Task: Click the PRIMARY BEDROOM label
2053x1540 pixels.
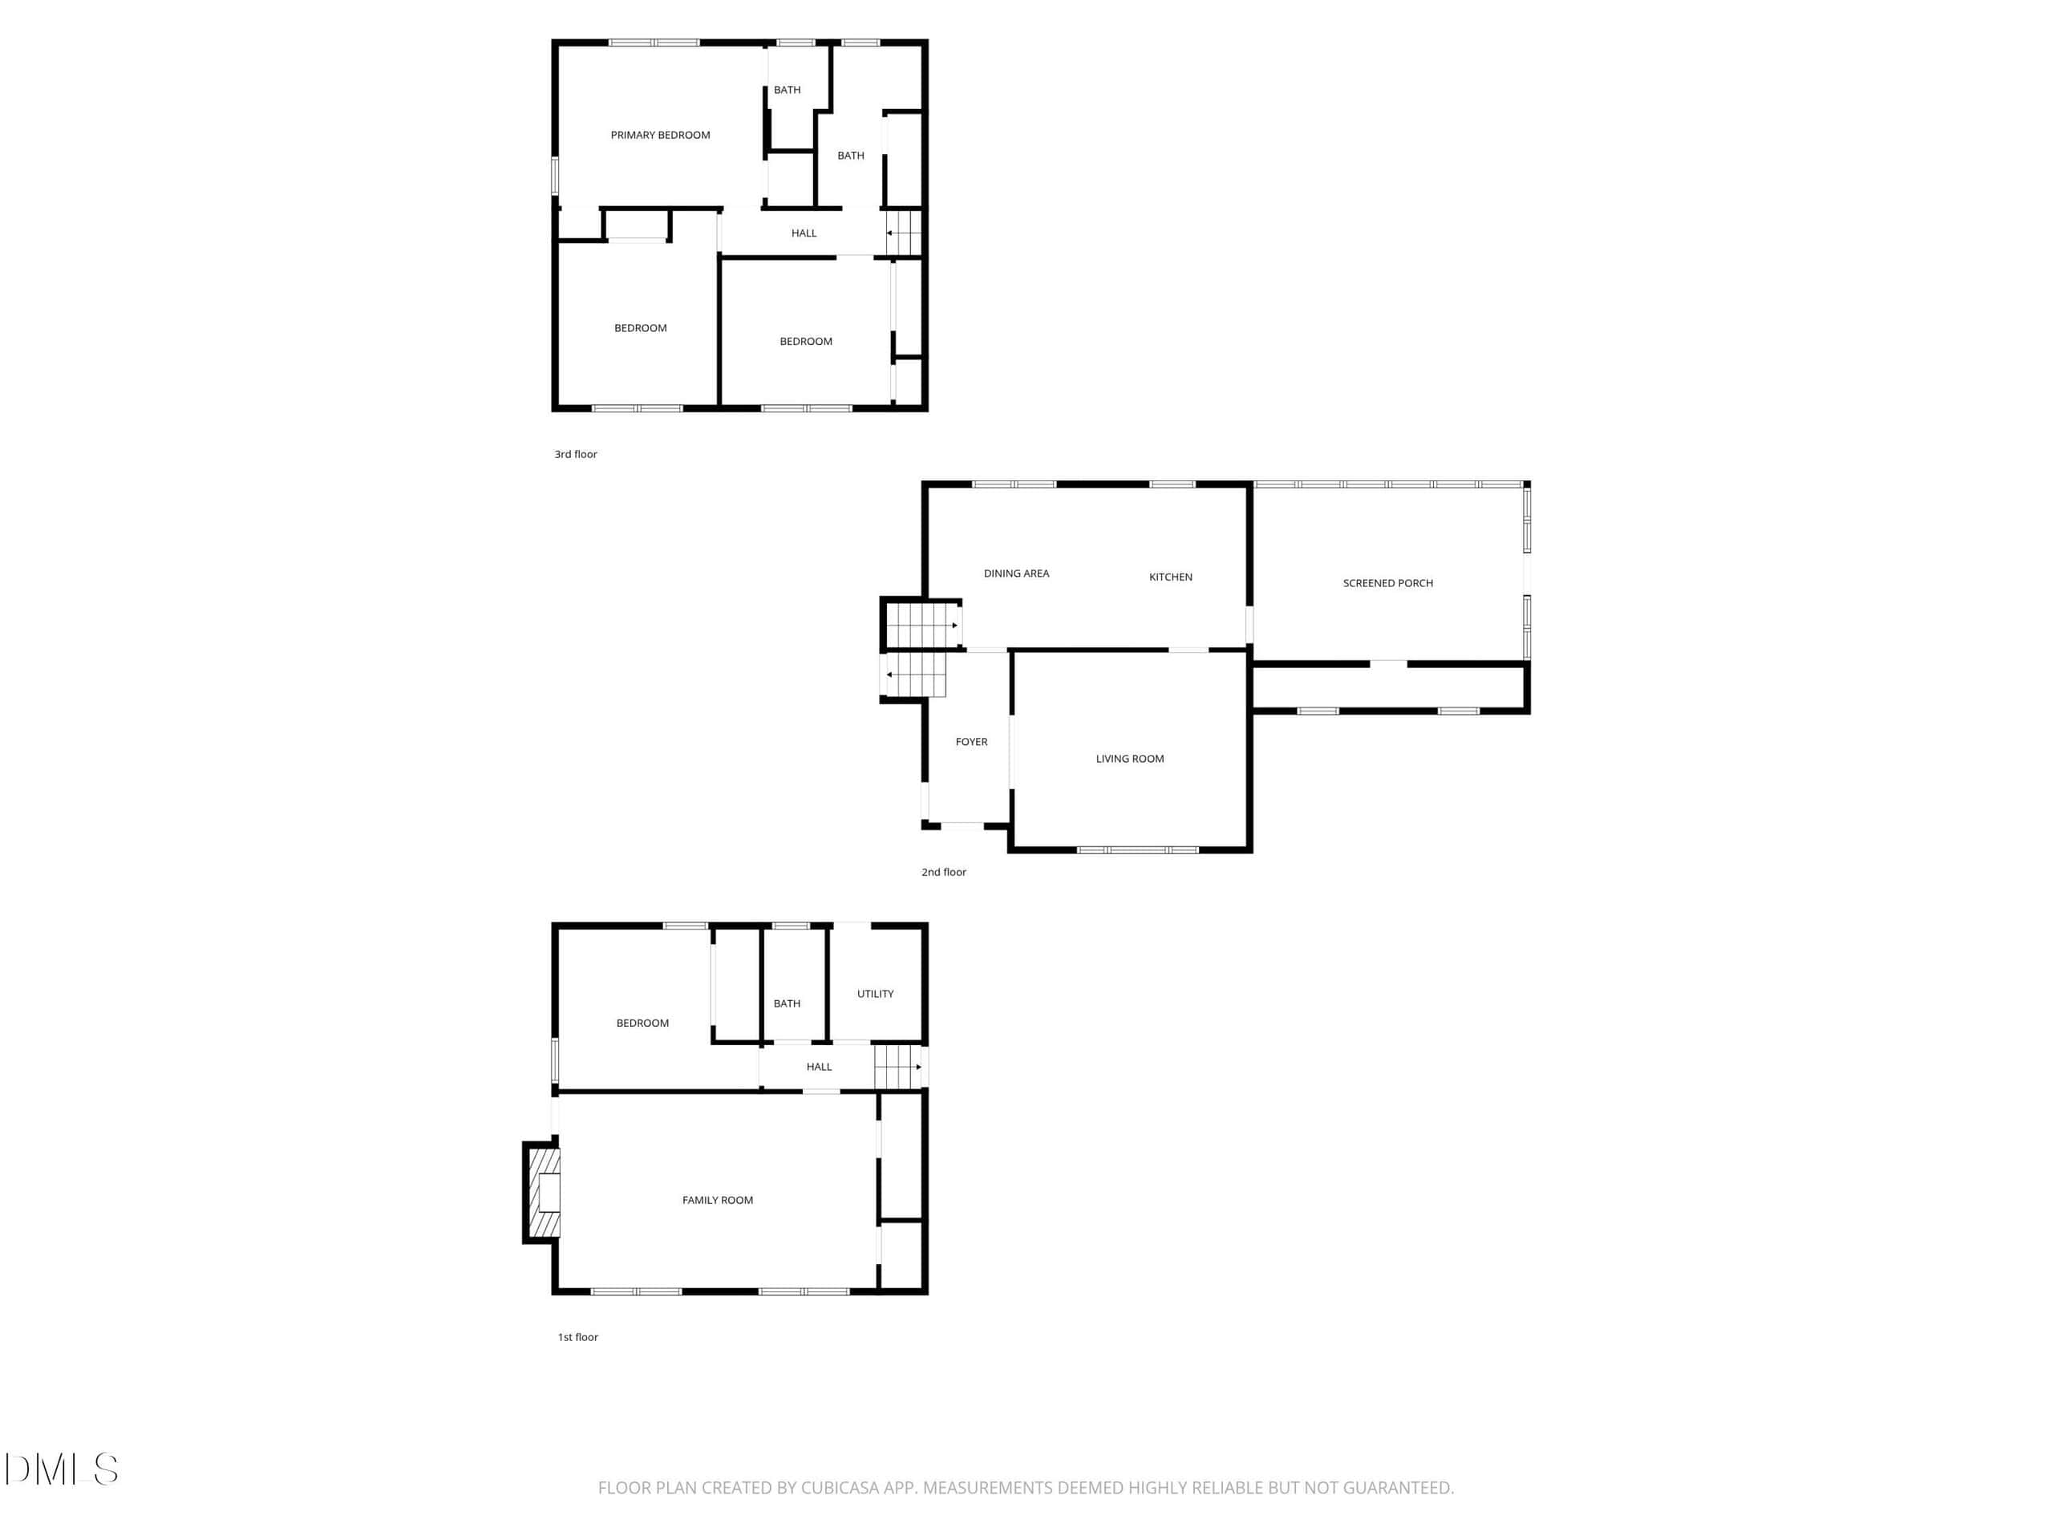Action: [660, 136]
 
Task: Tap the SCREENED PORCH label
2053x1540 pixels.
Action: [1387, 583]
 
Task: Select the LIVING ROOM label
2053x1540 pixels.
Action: [1129, 759]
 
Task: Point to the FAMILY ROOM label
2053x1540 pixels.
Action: [718, 1200]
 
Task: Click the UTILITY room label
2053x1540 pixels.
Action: [875, 993]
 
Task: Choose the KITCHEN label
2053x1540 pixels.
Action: [1170, 577]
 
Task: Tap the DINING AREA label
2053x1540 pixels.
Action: [1016, 573]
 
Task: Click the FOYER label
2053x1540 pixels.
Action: [972, 742]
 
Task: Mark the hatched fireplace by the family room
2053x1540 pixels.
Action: [543, 1193]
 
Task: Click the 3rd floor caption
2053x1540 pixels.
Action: [576, 454]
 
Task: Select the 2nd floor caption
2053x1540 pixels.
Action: [944, 872]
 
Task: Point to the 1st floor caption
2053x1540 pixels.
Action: [577, 1337]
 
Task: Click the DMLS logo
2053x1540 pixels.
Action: [61, 1469]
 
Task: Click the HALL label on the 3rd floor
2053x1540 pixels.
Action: [804, 233]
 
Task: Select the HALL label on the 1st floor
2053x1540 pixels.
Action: [819, 1067]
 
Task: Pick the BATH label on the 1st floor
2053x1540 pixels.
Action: [787, 1003]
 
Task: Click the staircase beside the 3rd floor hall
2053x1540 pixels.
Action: [904, 232]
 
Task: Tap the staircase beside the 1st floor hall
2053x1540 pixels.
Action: [899, 1067]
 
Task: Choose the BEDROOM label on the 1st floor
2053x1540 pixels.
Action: [642, 1023]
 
